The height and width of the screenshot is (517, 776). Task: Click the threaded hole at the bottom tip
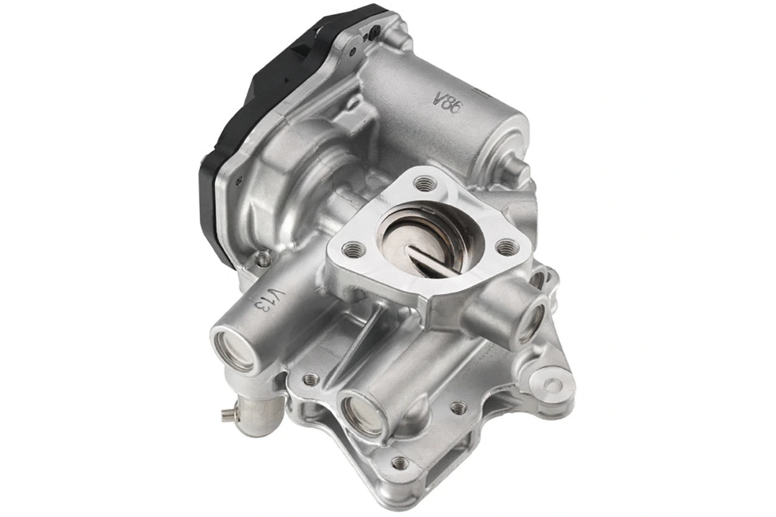400,462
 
